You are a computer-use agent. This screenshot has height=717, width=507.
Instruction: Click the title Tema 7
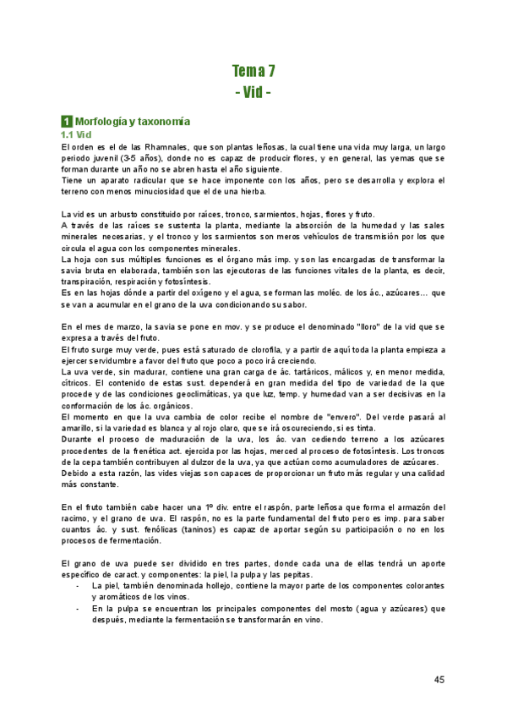pyautogui.click(x=253, y=70)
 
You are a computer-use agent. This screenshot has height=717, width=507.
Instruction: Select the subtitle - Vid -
pyautogui.click(x=253, y=90)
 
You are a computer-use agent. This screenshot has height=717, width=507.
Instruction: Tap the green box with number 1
pyautogui.click(x=67, y=122)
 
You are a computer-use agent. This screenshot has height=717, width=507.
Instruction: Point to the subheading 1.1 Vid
pyautogui.click(x=75, y=134)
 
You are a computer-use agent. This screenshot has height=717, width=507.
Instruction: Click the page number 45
pyautogui.click(x=439, y=679)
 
